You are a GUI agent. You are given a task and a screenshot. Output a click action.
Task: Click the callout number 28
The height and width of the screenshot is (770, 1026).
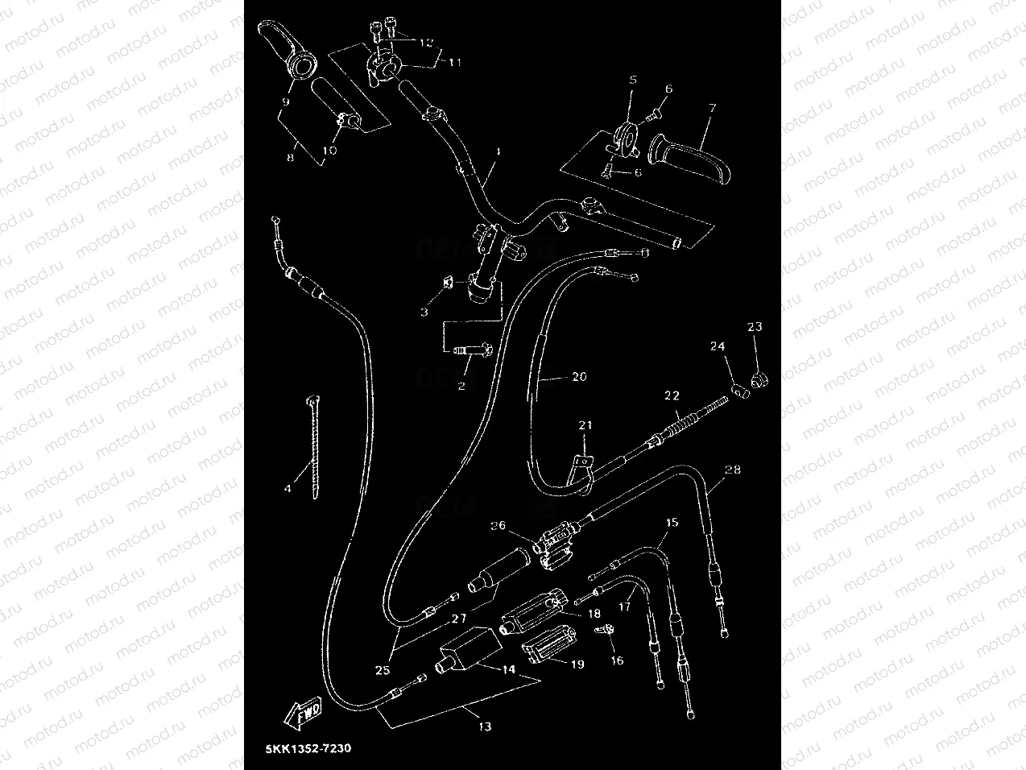[732, 469]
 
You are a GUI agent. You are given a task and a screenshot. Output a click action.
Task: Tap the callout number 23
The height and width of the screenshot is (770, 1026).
[754, 326]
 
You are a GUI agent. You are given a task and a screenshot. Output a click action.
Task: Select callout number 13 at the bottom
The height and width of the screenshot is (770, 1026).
[484, 726]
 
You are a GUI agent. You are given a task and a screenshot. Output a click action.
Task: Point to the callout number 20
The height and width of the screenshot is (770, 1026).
[580, 376]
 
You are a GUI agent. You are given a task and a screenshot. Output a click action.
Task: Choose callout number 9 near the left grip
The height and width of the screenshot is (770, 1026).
[285, 101]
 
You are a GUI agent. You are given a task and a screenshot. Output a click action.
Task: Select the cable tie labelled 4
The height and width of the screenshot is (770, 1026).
[312, 447]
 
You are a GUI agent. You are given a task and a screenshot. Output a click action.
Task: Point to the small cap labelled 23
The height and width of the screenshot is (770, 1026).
[756, 378]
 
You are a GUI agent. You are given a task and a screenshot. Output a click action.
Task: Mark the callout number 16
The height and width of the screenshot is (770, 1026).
[617, 660]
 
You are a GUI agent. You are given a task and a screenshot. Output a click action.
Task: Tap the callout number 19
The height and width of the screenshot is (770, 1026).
[577, 664]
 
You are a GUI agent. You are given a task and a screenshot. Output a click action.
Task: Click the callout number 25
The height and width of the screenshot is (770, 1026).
[382, 669]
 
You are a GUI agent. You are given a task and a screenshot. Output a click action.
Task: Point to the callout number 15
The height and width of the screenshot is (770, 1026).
[671, 522]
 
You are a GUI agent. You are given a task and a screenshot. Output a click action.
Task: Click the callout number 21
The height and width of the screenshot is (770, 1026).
[585, 424]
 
